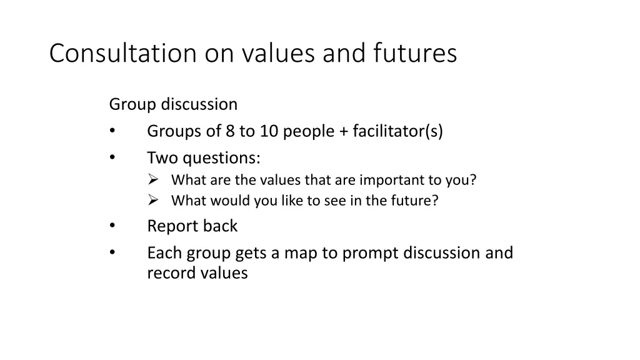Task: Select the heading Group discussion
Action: coord(173,104)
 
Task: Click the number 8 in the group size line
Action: coord(230,132)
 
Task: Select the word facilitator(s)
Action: coord(397,132)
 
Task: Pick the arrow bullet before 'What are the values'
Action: coord(153,180)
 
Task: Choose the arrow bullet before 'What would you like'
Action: coord(153,201)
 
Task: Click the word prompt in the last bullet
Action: coord(363,254)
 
